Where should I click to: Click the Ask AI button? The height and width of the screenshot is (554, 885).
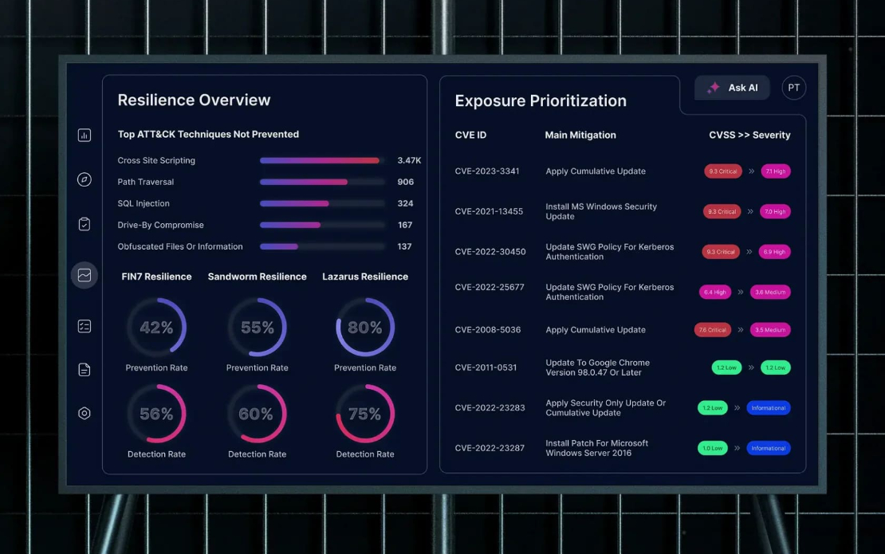point(732,88)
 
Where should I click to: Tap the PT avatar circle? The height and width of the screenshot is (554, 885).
point(793,88)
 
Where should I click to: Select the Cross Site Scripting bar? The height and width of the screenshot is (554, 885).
point(320,160)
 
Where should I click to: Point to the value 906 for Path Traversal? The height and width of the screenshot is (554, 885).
point(405,182)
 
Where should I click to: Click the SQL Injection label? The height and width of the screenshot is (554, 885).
point(144,203)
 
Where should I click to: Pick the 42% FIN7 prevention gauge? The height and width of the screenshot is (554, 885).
point(156,328)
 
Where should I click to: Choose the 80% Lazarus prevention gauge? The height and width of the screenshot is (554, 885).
point(365,328)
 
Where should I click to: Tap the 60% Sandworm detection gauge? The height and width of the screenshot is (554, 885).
point(257,414)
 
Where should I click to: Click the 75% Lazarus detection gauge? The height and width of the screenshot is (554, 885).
point(365,414)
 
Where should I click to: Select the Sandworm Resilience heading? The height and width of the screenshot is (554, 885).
point(257,277)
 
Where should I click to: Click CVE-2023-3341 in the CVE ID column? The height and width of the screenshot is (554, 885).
point(487,171)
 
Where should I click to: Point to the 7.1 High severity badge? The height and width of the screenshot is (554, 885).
point(775,171)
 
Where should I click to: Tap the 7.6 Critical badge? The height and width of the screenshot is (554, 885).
point(712,330)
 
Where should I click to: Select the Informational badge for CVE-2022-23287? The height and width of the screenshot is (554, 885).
point(769,448)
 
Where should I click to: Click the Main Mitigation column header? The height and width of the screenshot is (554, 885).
point(580,136)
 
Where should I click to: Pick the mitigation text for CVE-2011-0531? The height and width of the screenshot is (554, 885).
point(598,367)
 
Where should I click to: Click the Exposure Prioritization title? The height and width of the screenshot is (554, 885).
point(541,101)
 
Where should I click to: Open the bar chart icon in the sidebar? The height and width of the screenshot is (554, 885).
point(85,136)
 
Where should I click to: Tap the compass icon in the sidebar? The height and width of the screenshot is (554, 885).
point(85,179)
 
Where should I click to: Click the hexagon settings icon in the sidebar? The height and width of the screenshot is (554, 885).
point(85,413)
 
